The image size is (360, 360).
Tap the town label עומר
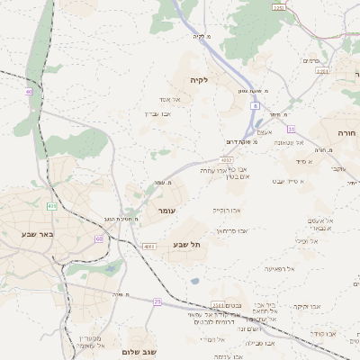coord(166,210)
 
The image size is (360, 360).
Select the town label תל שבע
coord(185,244)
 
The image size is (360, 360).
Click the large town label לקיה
coord(198,80)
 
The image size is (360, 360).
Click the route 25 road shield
coord(157,301)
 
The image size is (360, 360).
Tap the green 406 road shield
coord(52,206)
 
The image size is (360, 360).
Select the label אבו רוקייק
coord(226,210)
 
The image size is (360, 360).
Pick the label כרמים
coord(311,60)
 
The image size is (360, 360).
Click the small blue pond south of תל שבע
coord(194,281)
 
